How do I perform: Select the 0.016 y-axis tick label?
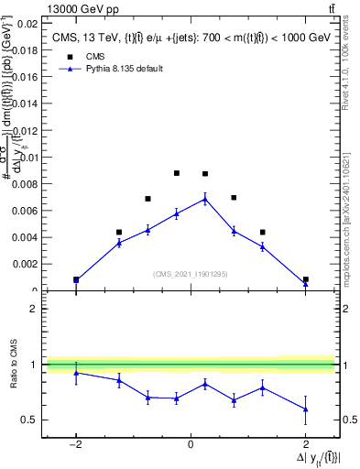tap(25, 78)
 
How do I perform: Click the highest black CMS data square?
tap(176, 173)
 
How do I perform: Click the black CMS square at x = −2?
tap(76, 279)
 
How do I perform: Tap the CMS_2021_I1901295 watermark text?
tap(190, 274)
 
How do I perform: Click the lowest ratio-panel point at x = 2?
tap(305, 409)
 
